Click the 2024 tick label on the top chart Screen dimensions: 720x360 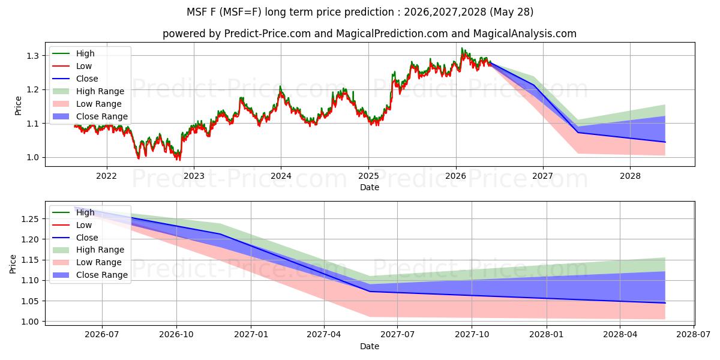(x=281, y=176)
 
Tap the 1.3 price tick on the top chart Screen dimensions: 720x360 (x=32, y=56)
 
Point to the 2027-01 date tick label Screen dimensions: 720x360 (x=251, y=335)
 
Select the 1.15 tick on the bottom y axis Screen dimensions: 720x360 (x=29, y=260)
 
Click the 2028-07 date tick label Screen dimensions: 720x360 (x=694, y=335)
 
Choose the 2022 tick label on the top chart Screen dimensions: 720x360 (x=106, y=176)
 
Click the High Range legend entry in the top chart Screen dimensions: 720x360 (x=88, y=91)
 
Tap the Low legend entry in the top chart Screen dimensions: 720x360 (x=72, y=66)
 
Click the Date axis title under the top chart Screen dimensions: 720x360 (x=370, y=187)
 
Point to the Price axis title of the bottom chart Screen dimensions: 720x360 (x=13, y=264)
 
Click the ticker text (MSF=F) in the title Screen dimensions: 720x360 (x=242, y=12)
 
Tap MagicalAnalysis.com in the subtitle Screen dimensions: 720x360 (x=525, y=34)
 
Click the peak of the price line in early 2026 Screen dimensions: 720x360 (x=462, y=48)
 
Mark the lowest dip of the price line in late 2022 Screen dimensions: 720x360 (x=179, y=160)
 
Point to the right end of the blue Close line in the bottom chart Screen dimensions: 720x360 (x=665, y=303)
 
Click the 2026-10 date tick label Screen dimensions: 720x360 (x=176, y=335)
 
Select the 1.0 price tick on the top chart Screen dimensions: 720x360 (x=32, y=157)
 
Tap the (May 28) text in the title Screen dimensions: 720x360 (x=511, y=12)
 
